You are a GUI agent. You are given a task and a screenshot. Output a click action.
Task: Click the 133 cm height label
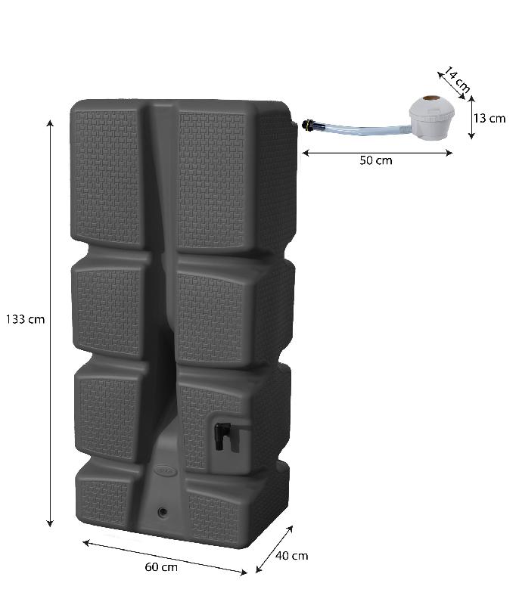(x=25, y=319)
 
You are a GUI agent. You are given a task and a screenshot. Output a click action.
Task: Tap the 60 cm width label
(x=161, y=567)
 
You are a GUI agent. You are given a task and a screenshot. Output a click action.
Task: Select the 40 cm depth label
(x=291, y=556)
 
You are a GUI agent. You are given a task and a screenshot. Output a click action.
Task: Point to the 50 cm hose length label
(x=376, y=161)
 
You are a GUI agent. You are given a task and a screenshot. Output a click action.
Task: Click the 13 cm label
(x=489, y=118)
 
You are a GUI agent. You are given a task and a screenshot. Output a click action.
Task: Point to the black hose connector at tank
(x=307, y=126)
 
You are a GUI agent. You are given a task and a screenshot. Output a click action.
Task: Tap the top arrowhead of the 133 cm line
(x=51, y=123)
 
